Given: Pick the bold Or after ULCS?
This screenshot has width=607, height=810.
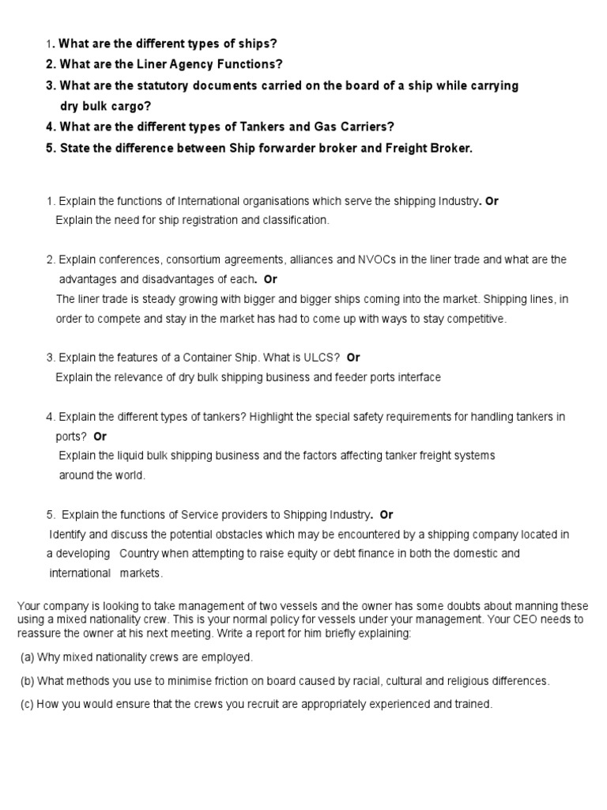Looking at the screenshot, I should point(353,358).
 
